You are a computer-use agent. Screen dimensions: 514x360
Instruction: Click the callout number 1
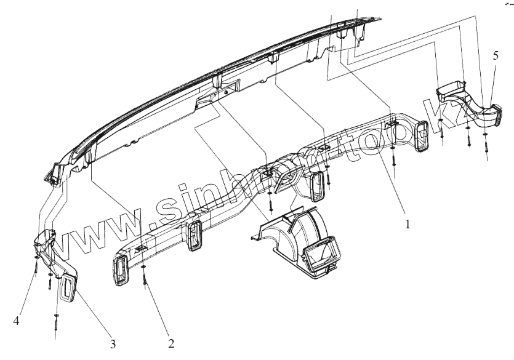pos(407,225)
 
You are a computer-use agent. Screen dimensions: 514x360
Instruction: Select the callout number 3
pos(113,342)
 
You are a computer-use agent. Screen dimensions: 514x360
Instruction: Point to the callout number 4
pos(17,320)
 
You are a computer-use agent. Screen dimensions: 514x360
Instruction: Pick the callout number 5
pos(496,55)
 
